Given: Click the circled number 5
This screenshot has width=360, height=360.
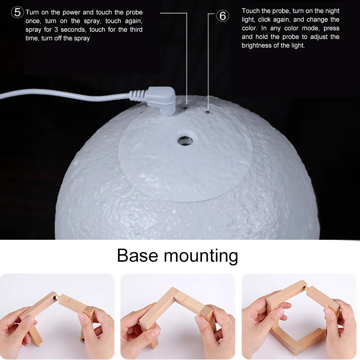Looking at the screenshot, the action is pos(17,12).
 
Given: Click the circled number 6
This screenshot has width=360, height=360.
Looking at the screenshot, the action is pos(222,16).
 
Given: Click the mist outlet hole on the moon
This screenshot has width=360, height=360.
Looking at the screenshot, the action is pos(185,141).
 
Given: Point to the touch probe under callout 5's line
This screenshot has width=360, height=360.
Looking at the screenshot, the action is pos(186,107).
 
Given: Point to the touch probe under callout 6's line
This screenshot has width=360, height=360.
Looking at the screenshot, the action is pos(208,112).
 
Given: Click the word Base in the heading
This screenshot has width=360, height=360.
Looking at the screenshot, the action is pos(138,255).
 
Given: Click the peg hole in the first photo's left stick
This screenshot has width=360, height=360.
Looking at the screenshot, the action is pos(55,298).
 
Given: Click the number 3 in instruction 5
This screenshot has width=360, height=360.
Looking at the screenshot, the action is pos(56,30).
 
